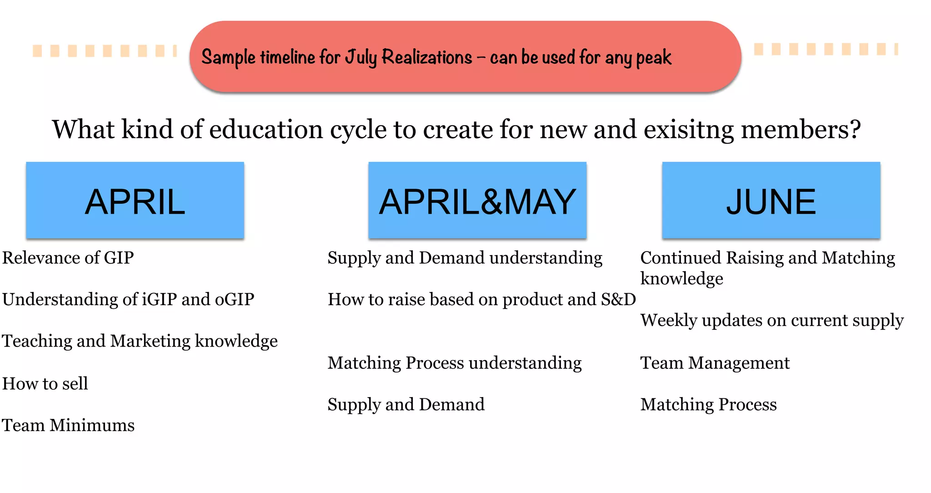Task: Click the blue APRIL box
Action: [x=135, y=200]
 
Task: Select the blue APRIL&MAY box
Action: [x=477, y=200]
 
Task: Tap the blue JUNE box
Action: [x=771, y=200]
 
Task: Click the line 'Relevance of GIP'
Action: [x=68, y=258]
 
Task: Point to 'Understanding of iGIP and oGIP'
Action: [x=128, y=300]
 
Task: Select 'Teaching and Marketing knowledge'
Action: [x=140, y=341]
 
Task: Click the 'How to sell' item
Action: [x=45, y=384]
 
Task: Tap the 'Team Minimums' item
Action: [x=68, y=426]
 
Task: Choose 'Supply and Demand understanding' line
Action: [x=465, y=258]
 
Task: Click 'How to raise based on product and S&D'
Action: [x=481, y=300]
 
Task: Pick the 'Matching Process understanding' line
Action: [x=455, y=363]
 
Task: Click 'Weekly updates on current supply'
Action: [x=771, y=321]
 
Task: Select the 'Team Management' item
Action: [x=715, y=363]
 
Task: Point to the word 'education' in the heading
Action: [x=266, y=130]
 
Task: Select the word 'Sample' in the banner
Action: [x=228, y=58]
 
